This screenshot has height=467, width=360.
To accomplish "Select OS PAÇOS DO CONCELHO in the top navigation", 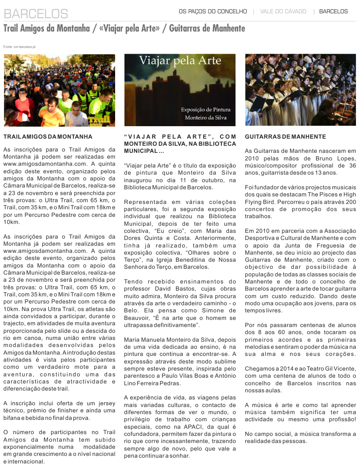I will pyautogui.click(x=212, y=11).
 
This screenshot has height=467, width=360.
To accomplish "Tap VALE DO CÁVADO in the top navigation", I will pyautogui.click(x=283, y=11).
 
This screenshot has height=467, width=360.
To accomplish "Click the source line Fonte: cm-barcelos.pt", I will pyautogui.click(x=19, y=47).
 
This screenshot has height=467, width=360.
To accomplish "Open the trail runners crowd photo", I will pyautogui.click(x=59, y=90).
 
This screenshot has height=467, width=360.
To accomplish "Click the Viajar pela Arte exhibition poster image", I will pyautogui.click(x=180, y=90).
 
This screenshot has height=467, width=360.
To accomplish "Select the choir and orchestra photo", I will pyautogui.click(x=300, y=90).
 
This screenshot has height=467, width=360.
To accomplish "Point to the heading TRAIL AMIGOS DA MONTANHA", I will pyautogui.click(x=48, y=137).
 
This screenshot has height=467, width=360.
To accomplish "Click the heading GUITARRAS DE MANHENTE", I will pyautogui.click(x=285, y=137).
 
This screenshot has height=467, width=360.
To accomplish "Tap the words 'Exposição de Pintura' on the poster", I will pyautogui.click(x=205, y=110).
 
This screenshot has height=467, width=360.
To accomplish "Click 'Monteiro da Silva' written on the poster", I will pyautogui.click(x=206, y=118).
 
